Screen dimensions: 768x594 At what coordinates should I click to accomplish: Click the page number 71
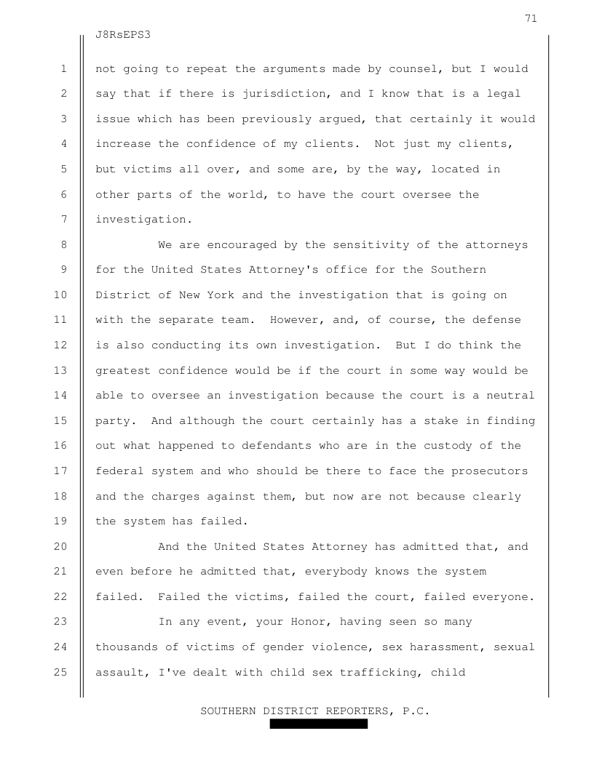[x=531, y=18]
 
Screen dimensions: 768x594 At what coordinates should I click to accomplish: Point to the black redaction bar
[x=318, y=724]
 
